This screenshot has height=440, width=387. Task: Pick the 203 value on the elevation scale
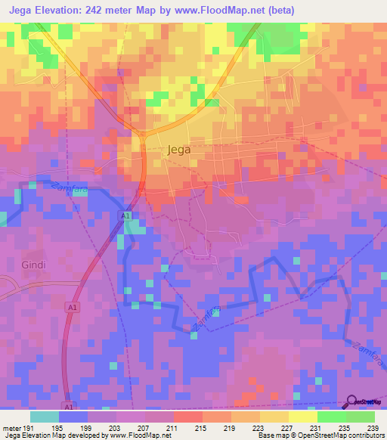pyautogui.click(x=116, y=427)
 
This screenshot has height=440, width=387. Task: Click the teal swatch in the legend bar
pyautogui.click(x=45, y=417)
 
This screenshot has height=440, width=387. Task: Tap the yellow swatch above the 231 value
pyautogui.click(x=302, y=417)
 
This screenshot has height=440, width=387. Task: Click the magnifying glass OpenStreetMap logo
pyautogui.click(x=351, y=402)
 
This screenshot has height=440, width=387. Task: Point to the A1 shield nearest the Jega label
pyautogui.click(x=125, y=217)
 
